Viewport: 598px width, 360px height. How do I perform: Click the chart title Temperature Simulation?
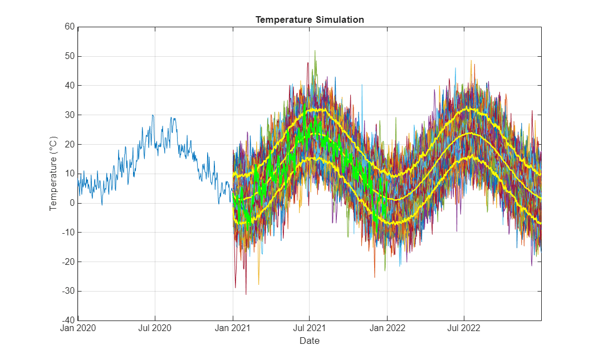coord(310,19)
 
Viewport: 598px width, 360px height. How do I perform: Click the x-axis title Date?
coord(310,341)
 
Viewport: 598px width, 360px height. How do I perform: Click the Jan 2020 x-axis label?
coord(78,328)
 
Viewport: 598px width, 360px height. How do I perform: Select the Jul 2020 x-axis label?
coord(155,328)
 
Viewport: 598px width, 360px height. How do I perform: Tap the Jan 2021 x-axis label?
coord(233,328)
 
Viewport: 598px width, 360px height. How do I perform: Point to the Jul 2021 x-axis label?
coord(310,328)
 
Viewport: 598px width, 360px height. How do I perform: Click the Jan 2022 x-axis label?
coord(387,328)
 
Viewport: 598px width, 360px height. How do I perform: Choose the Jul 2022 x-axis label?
coord(464,328)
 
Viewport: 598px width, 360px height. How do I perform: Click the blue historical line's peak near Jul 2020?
coord(153,115)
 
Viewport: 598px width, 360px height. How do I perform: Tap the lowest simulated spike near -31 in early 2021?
coord(246,294)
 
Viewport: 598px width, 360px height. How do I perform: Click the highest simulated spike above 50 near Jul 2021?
coord(315,51)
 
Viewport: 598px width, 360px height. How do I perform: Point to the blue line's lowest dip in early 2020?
coord(102,205)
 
